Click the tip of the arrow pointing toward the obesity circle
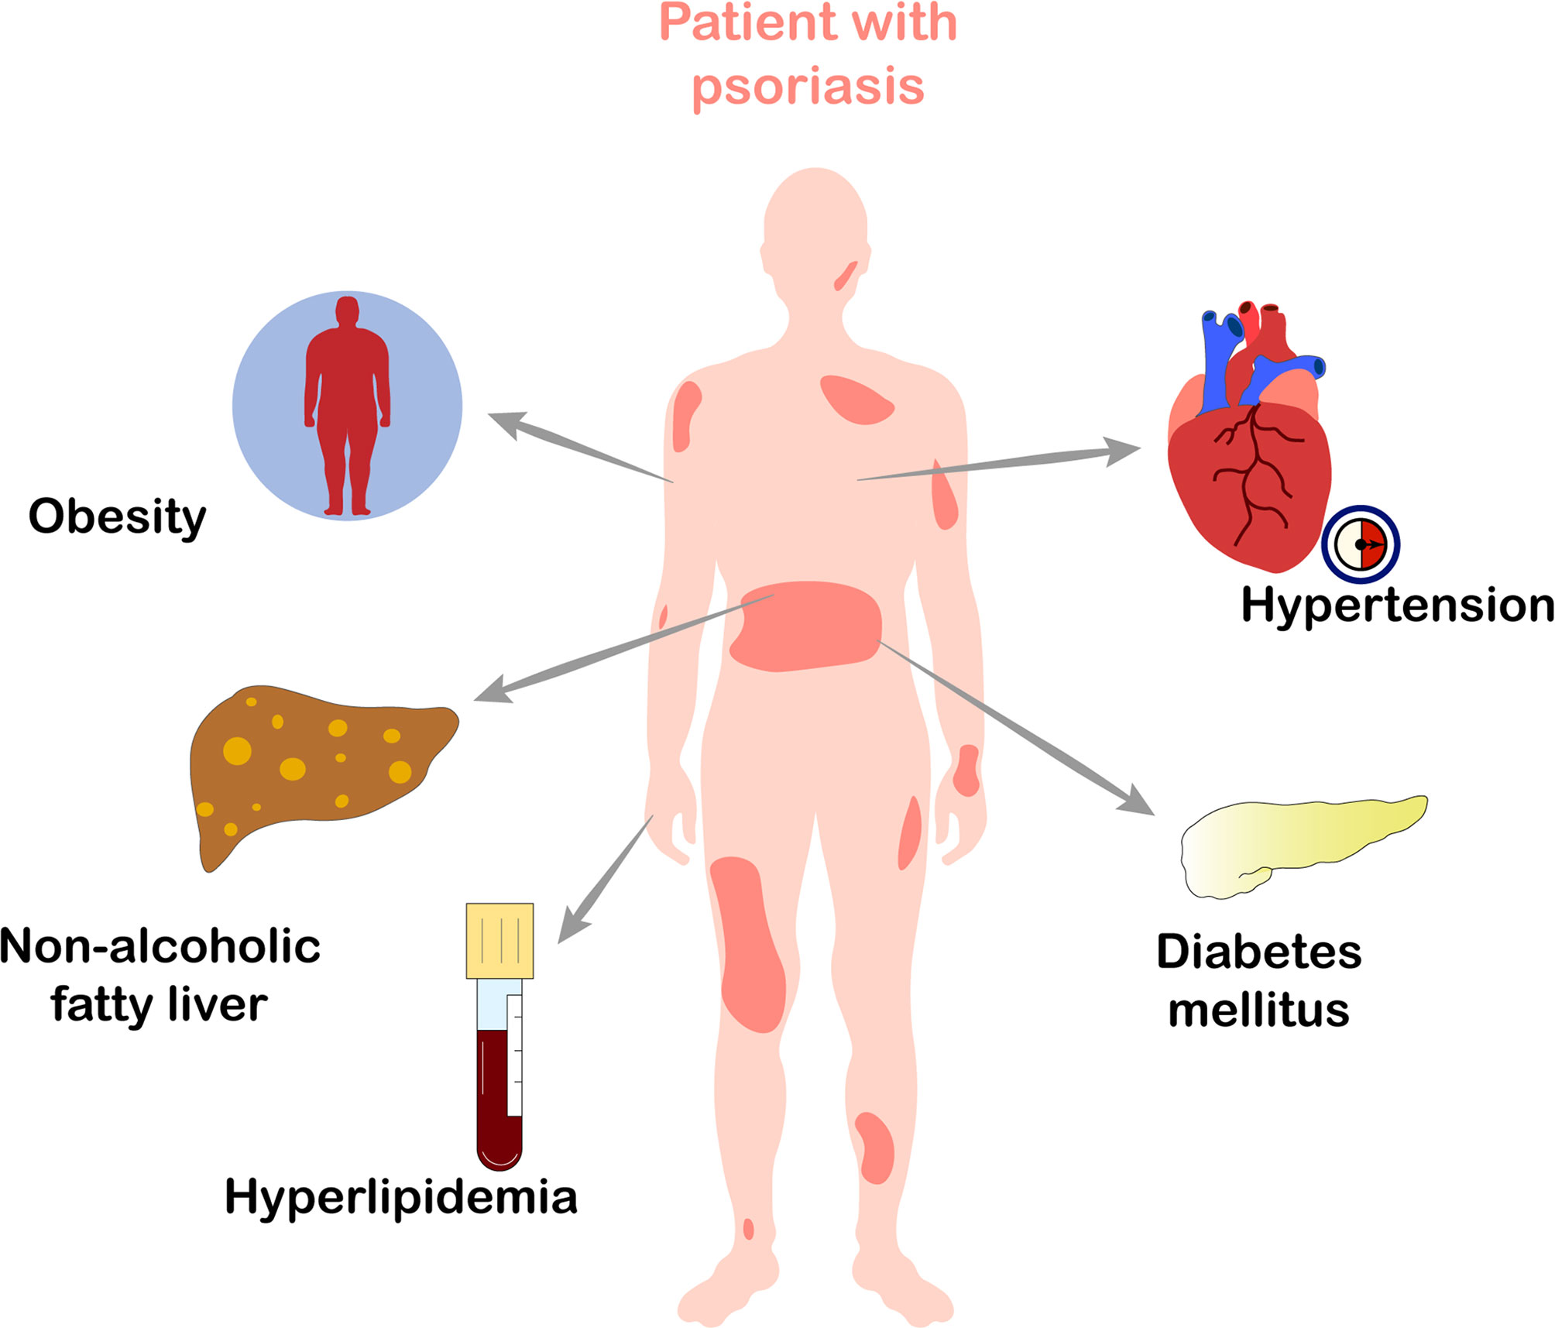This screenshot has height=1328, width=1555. pyautogui.click(x=489, y=414)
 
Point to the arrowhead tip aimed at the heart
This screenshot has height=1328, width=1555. pyautogui.click(x=1141, y=447)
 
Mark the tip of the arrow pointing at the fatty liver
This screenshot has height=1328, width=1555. pyautogui.click(x=474, y=700)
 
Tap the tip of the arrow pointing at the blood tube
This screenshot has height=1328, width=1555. pyautogui.click(x=559, y=942)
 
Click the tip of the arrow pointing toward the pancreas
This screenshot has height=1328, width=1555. pyautogui.click(x=1155, y=815)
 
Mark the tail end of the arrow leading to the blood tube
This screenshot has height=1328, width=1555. pyautogui.click(x=653, y=815)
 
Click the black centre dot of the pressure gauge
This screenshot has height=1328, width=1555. pyautogui.click(x=1360, y=544)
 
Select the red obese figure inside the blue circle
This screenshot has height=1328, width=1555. pyautogui.click(x=348, y=405)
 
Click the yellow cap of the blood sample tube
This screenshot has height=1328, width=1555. pyautogui.click(x=499, y=940)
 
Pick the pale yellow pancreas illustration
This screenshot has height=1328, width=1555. pyautogui.click(x=1303, y=846)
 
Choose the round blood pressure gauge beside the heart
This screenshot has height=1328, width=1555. pyautogui.click(x=1361, y=544)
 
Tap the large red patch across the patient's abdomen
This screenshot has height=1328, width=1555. pyautogui.click(x=805, y=626)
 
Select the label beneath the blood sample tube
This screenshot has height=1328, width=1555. pyautogui.click(x=401, y=1196)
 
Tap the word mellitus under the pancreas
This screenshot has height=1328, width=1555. pyautogui.click(x=1259, y=1011)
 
